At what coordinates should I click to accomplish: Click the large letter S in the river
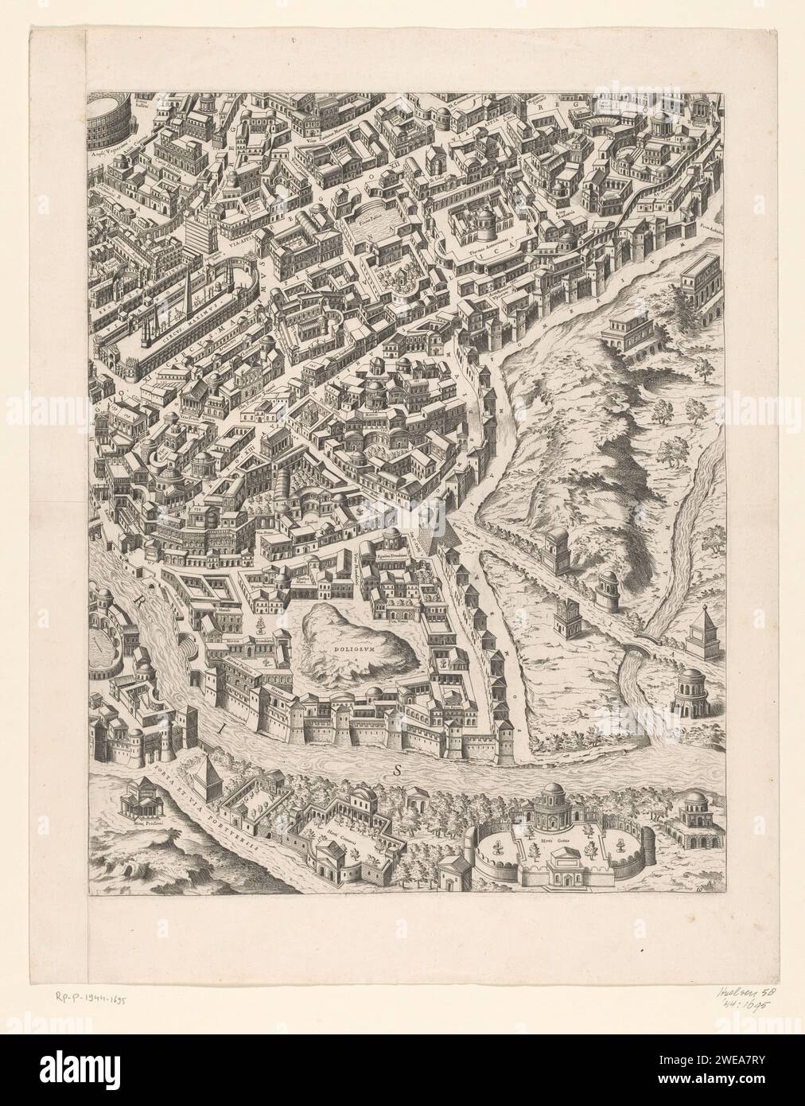click(x=395, y=769)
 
